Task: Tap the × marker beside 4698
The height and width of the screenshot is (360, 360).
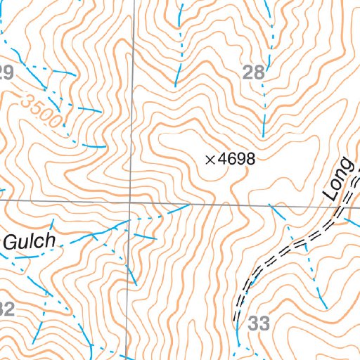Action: coord(210,160)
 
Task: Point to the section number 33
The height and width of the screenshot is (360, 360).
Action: coord(259,323)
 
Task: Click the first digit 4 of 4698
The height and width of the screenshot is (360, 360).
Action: coord(222,160)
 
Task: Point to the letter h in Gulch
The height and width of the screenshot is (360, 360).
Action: coord(49,240)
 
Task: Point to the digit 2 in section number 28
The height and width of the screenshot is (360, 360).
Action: coord(248,71)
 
